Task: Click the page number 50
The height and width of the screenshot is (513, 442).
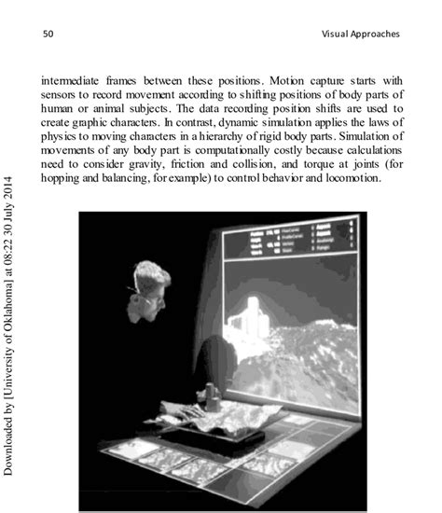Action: coord(48,35)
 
